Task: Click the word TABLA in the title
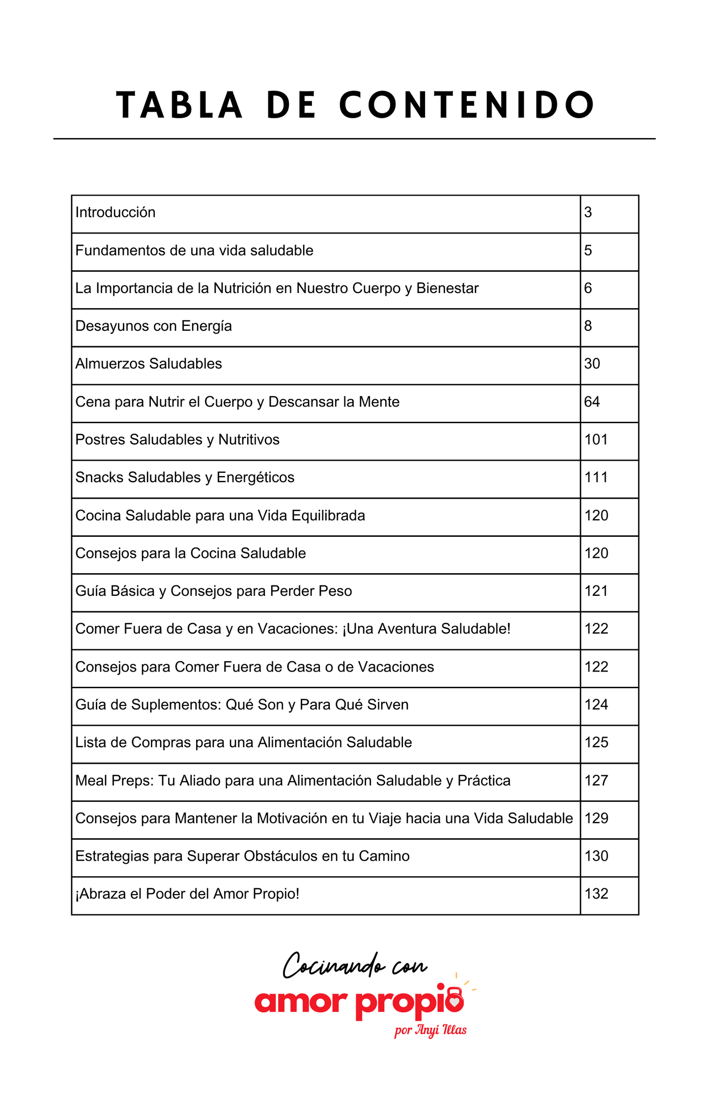179,105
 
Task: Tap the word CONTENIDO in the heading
467,105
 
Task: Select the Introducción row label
115,212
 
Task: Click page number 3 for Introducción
588,212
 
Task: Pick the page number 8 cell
588,326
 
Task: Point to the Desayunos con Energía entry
153,326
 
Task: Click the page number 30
592,364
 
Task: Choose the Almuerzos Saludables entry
148,364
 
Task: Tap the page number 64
592,402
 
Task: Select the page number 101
596,439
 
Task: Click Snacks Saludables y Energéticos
185,477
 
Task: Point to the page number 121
596,591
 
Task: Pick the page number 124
596,704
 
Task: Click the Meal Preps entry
293,780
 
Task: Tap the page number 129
596,818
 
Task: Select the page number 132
596,894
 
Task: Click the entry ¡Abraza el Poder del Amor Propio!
187,894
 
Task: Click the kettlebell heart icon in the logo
455,999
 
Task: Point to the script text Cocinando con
355,966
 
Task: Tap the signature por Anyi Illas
430,1030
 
